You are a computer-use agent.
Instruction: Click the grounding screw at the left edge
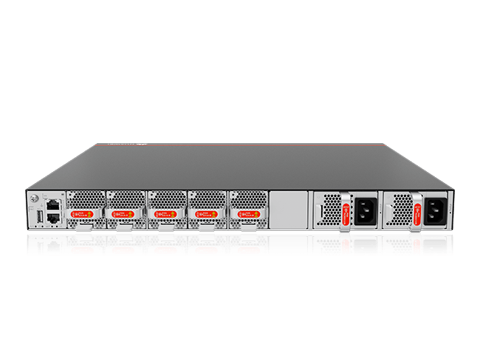point(33,198)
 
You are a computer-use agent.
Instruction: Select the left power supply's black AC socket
point(364,212)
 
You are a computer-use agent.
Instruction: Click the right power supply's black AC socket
point(434,212)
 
